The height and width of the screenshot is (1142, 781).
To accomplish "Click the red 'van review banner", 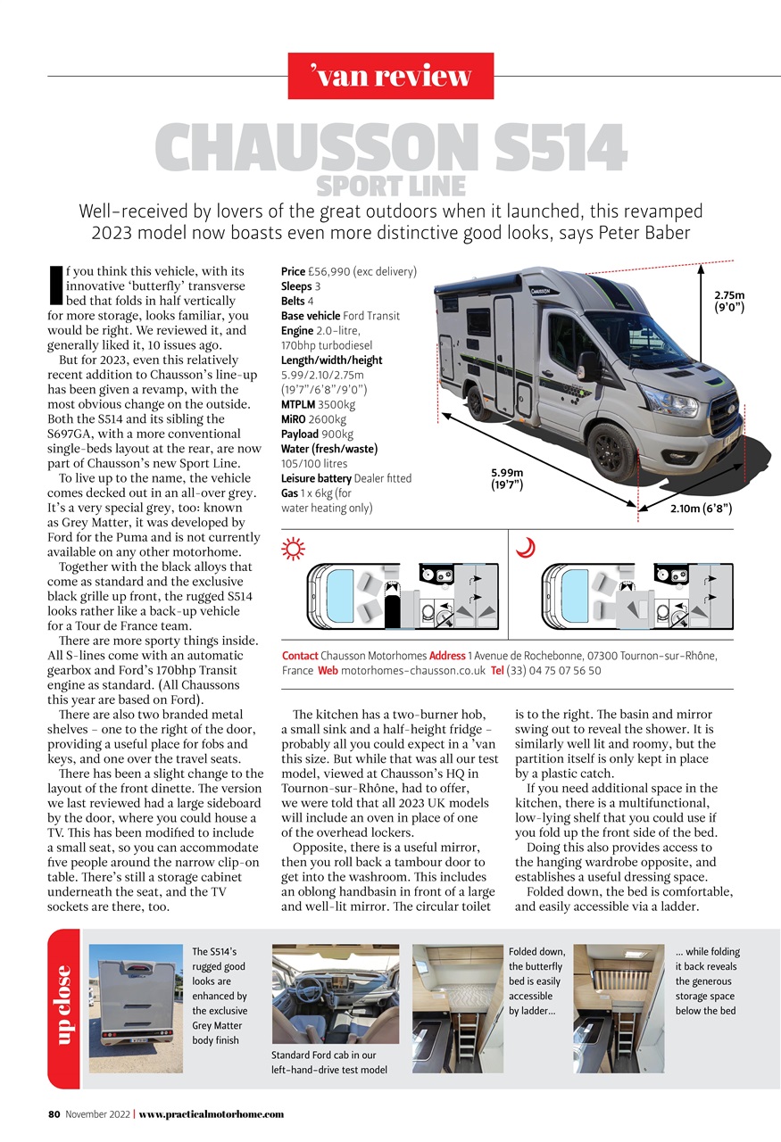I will click(x=391, y=76).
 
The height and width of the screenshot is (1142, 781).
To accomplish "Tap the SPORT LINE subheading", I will click(x=391, y=186).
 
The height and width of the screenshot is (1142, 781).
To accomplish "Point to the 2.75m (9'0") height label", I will click(x=728, y=302).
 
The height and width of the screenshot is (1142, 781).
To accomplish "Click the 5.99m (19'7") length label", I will click(x=506, y=478).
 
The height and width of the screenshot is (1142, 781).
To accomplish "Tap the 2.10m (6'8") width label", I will click(x=701, y=509).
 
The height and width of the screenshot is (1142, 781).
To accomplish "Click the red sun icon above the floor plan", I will click(x=293, y=549).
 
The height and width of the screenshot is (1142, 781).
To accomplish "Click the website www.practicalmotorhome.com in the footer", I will click(x=211, y=1113).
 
